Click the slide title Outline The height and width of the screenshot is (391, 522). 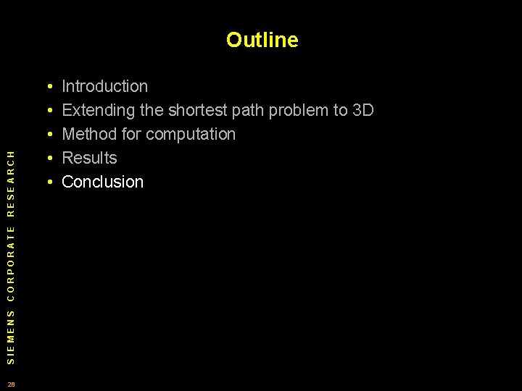(262, 40)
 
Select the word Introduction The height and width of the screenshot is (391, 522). (104, 87)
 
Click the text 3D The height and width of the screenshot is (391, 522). (362, 111)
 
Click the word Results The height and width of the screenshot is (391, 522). (89, 159)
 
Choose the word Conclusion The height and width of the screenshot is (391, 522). (103, 182)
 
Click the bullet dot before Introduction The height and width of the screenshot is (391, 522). (48, 88)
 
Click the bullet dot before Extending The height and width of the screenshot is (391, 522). (48, 112)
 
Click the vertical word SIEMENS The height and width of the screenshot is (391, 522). (10, 337)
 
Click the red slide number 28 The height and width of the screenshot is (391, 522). (11, 384)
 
